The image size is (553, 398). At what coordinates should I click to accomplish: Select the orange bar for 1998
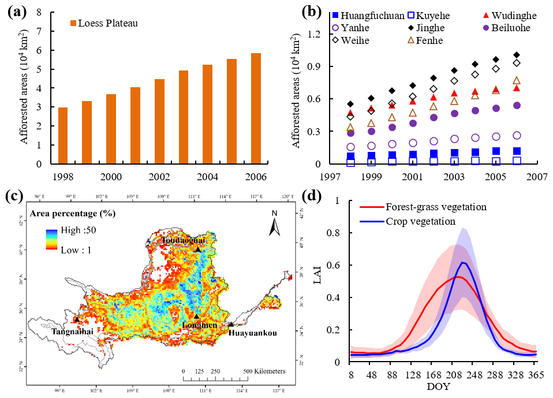[63, 136]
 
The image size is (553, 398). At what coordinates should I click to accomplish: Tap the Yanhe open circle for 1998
[350, 147]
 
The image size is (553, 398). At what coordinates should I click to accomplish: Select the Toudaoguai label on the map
[182, 239]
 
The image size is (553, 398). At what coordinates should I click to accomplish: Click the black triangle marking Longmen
[196, 316]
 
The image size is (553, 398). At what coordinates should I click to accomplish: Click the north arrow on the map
[274, 225]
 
